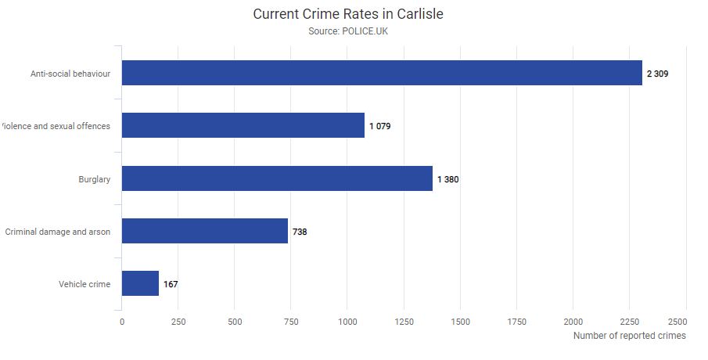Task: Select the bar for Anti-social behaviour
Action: [382, 73]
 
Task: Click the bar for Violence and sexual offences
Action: [243, 125]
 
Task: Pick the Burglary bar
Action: [277, 178]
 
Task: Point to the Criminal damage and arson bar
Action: [205, 231]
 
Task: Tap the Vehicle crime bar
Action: [140, 283]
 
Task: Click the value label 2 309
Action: [657, 74]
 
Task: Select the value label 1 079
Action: [379, 126]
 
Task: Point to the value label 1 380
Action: [447, 179]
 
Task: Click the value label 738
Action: [300, 232]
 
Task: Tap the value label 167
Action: [171, 284]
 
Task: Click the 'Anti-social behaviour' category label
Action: [70, 74]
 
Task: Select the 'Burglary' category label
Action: [95, 179]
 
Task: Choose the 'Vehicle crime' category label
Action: [84, 284]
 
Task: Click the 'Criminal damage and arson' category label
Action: [58, 232]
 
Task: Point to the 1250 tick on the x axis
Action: [404, 322]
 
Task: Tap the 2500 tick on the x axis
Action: [677, 322]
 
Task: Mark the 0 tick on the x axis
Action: [122, 322]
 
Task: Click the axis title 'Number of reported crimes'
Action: [629, 336]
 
